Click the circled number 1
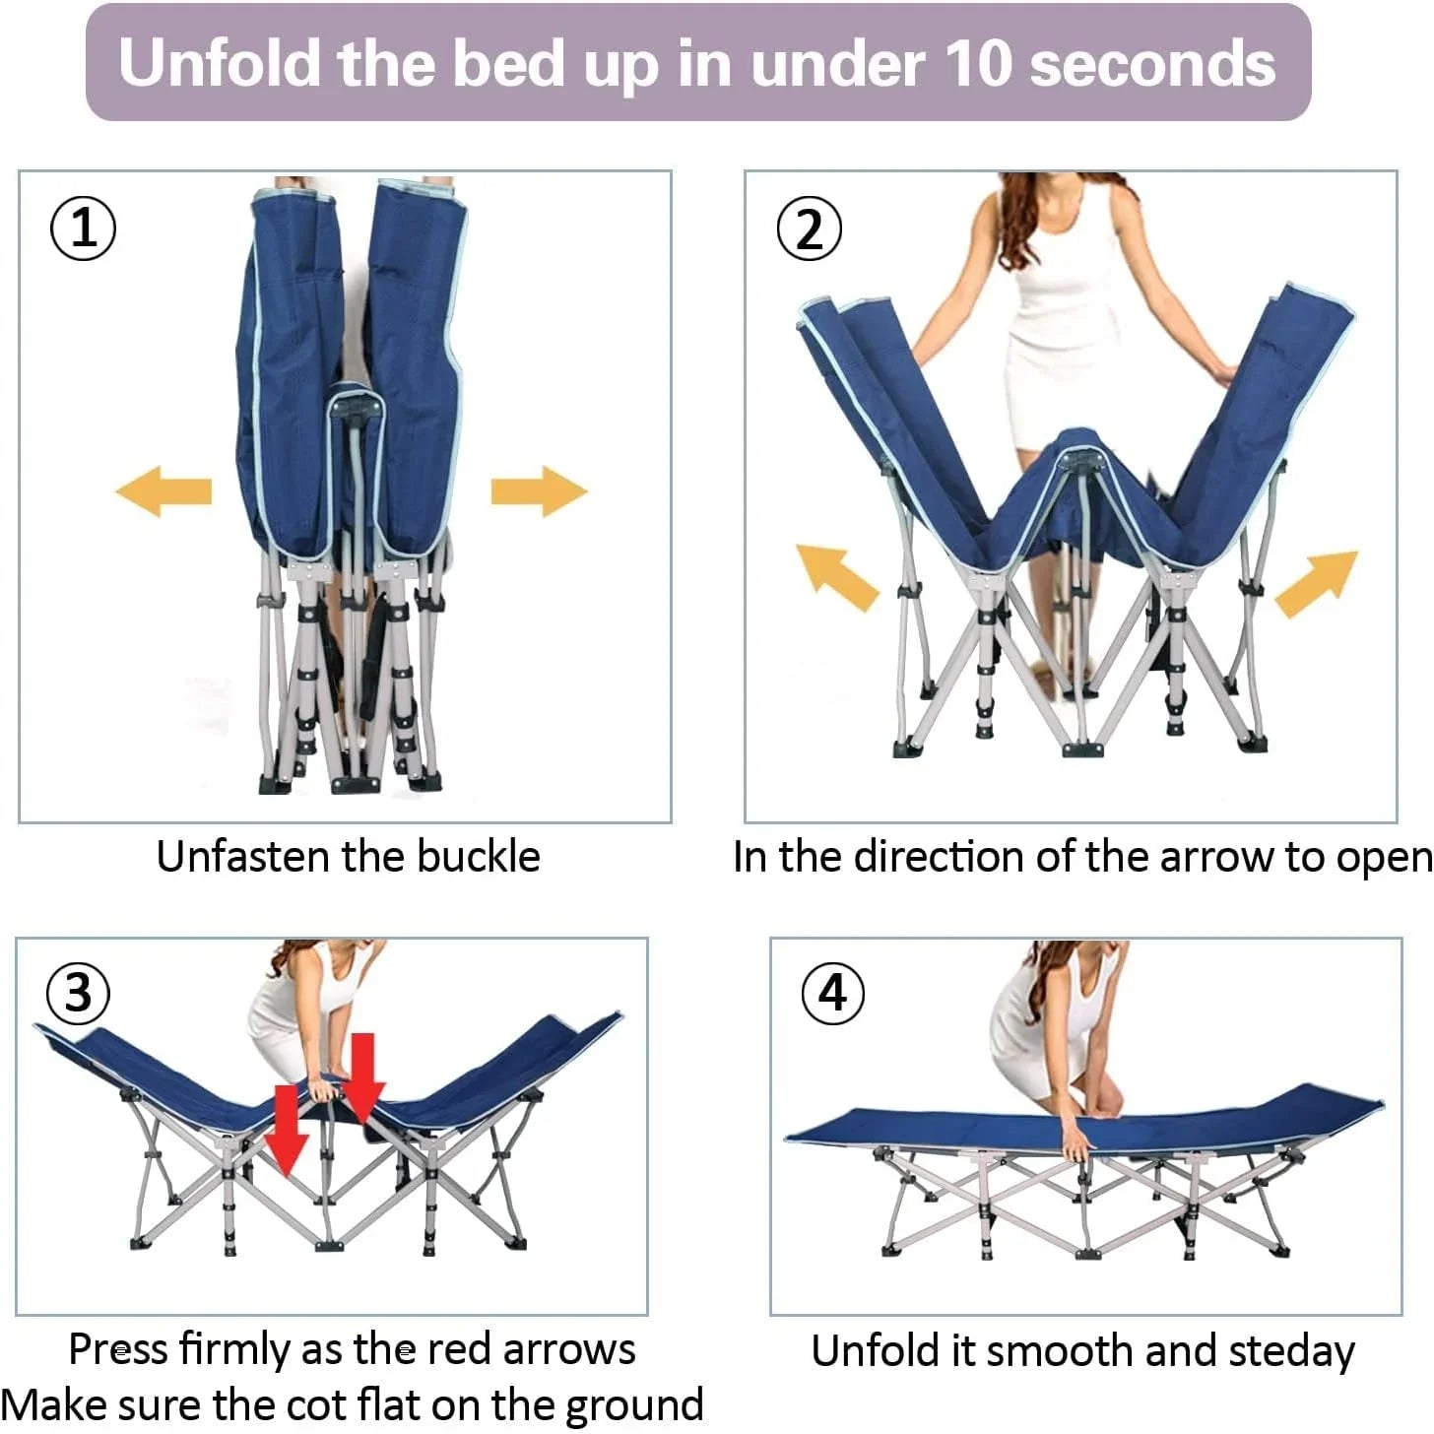click(x=83, y=228)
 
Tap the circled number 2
click(x=809, y=228)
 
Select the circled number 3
click(x=78, y=993)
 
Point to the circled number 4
click(x=832, y=993)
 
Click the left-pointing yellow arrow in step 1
click(x=164, y=490)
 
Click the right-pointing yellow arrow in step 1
click(x=539, y=490)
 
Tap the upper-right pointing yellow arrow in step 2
click(x=1317, y=583)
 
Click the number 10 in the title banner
click(x=979, y=64)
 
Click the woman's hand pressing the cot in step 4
click(x=1075, y=1142)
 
